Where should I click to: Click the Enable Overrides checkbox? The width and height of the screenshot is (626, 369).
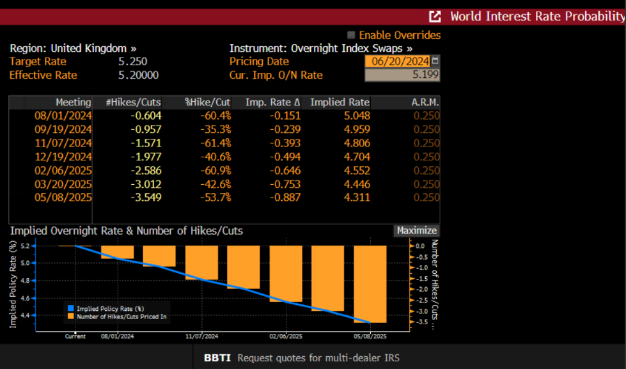[x=351, y=35]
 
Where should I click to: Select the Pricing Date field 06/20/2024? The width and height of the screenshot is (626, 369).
[x=397, y=61]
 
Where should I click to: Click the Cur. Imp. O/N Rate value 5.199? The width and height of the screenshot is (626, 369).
[x=402, y=75]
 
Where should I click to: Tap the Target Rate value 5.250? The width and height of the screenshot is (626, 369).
[x=132, y=61]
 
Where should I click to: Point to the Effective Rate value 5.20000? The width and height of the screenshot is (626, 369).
[x=138, y=75]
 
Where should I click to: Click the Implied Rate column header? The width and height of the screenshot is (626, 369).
[x=340, y=102]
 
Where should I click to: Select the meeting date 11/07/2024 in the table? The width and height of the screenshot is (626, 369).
[x=63, y=143]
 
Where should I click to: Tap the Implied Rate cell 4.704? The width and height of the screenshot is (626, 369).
[x=356, y=157]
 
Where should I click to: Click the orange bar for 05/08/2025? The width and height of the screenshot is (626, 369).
[x=370, y=284]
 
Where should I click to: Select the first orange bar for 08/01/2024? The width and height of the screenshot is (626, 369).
[x=117, y=252]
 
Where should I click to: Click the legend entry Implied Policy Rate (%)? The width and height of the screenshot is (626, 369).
[x=106, y=308]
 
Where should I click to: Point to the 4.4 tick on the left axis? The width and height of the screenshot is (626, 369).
[x=24, y=315]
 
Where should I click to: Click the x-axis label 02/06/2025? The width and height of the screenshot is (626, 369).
[x=286, y=336]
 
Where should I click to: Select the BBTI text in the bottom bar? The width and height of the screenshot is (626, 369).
[x=217, y=357]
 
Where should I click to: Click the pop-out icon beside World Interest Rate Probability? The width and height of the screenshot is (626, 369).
[x=435, y=17]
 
